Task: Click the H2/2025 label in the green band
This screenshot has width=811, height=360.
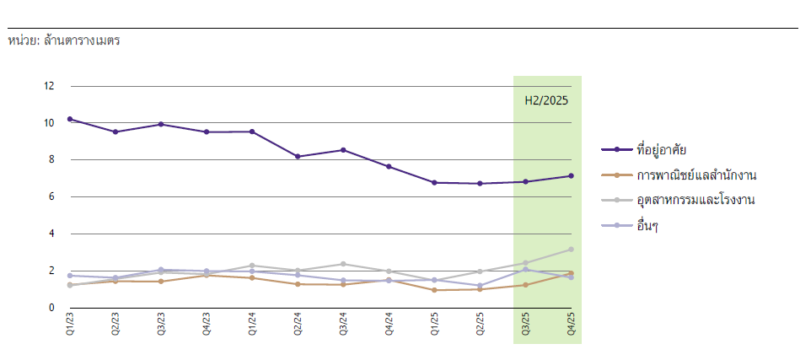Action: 546,100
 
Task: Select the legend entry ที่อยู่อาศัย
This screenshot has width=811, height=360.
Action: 662,149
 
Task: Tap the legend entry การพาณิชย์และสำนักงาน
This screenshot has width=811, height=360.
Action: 696,175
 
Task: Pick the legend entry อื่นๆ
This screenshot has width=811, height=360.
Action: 647,225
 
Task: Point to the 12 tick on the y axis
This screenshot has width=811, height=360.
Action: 49,86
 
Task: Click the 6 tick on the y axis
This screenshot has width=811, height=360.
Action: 51,196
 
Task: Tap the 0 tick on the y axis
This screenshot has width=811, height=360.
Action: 51,308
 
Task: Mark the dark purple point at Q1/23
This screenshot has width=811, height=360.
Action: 70,119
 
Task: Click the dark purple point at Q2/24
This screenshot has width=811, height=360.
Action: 298,157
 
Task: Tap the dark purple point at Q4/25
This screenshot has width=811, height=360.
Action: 571,176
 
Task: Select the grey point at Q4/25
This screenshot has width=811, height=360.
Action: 571,250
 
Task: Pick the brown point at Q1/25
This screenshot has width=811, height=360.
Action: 434,290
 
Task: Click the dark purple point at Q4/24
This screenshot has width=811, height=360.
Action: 389,166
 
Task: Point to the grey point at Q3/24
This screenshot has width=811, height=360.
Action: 343,264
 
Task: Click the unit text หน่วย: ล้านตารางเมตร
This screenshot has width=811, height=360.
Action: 63,40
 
